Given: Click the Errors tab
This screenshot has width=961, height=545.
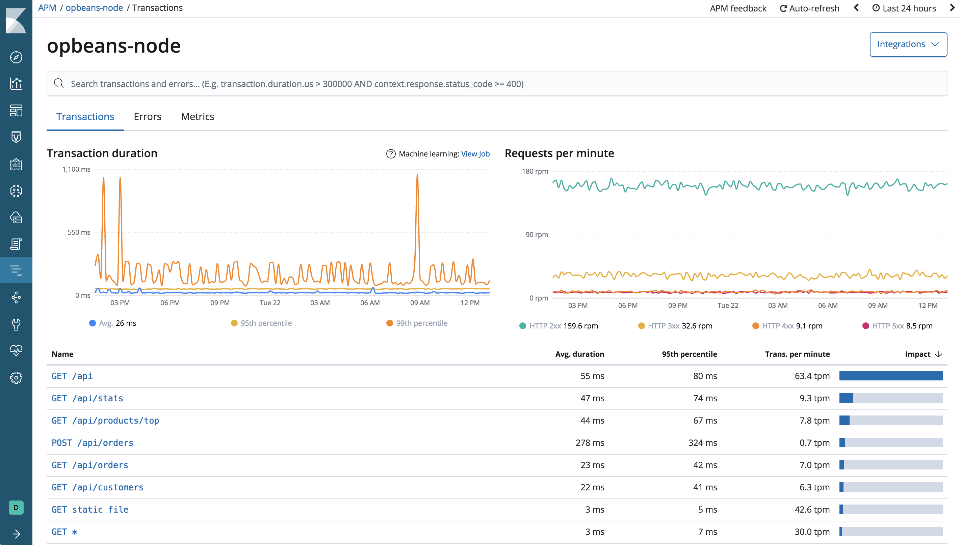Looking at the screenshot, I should (147, 117).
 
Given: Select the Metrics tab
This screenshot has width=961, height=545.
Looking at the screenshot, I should (198, 117).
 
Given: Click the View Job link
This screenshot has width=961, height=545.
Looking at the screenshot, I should (475, 154).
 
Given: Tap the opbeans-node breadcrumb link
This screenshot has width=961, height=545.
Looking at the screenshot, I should (94, 8).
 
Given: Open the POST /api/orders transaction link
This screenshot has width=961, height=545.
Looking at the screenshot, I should (92, 443).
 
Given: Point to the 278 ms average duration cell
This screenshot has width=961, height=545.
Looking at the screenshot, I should (590, 443).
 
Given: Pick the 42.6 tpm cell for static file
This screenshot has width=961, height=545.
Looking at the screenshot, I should (812, 510).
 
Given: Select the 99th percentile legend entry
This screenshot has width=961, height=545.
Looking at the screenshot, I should (421, 323).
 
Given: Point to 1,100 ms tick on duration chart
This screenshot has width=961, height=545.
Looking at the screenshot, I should (76, 170).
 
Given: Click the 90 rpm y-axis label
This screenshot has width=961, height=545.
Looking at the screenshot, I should (537, 235).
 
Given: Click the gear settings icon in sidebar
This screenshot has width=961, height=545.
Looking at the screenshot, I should (16, 378).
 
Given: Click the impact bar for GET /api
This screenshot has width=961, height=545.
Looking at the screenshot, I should (890, 376).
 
